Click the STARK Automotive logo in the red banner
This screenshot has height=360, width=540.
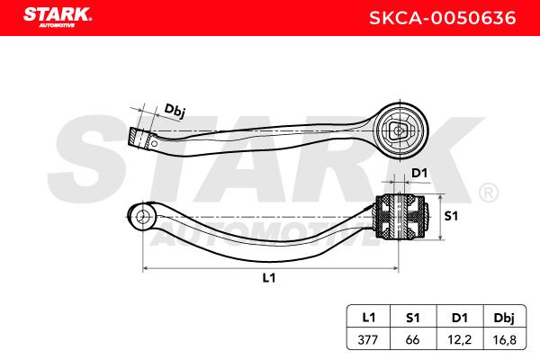[x=58, y=17]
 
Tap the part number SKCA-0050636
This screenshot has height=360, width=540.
[x=443, y=18]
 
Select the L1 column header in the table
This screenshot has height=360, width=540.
[x=368, y=318]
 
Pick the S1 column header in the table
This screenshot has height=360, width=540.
[x=412, y=318]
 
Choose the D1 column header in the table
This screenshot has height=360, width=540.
[x=459, y=318]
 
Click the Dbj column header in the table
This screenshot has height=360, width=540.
[x=504, y=318]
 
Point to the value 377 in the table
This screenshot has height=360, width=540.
[x=368, y=339]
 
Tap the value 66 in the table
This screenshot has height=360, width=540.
[x=412, y=339]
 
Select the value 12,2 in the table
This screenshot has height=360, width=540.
[x=459, y=340]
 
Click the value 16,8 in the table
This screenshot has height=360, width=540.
[x=504, y=340]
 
